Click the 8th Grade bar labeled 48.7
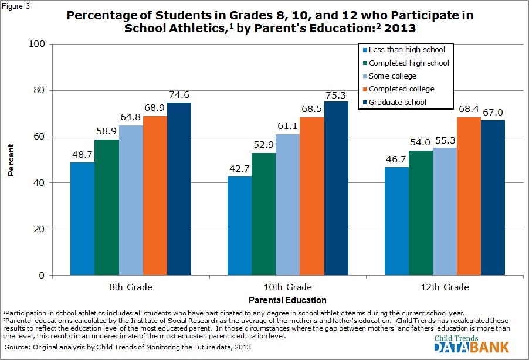pos(82,219)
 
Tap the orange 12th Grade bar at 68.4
pos(469,196)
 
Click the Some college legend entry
pos(392,76)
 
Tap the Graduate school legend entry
pos(397,102)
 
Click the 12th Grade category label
pos(445,287)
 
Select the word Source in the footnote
pos(18,348)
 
